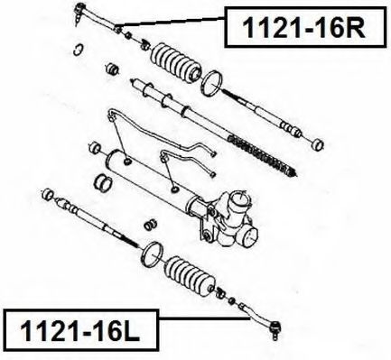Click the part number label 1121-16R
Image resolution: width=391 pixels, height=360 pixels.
(304, 27)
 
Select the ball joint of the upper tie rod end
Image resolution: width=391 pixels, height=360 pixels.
(79, 10)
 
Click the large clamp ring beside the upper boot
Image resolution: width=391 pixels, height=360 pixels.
(212, 83)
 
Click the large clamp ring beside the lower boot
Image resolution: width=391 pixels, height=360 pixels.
(153, 254)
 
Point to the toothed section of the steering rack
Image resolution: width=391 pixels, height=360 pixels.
(262, 155)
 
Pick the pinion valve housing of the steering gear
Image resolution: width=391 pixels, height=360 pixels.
(233, 218)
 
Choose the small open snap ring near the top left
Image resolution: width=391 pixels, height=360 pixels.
(78, 50)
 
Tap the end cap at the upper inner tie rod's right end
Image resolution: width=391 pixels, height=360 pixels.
(317, 144)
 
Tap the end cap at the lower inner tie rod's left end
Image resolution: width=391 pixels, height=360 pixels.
(48, 194)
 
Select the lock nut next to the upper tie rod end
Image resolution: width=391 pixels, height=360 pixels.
(128, 35)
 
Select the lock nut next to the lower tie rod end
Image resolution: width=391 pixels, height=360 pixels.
(231, 300)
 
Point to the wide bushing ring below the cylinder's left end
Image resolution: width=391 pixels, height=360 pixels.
(103, 183)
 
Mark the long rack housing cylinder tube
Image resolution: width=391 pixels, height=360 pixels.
(151, 175)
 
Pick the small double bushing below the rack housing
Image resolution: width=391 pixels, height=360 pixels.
(150, 225)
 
